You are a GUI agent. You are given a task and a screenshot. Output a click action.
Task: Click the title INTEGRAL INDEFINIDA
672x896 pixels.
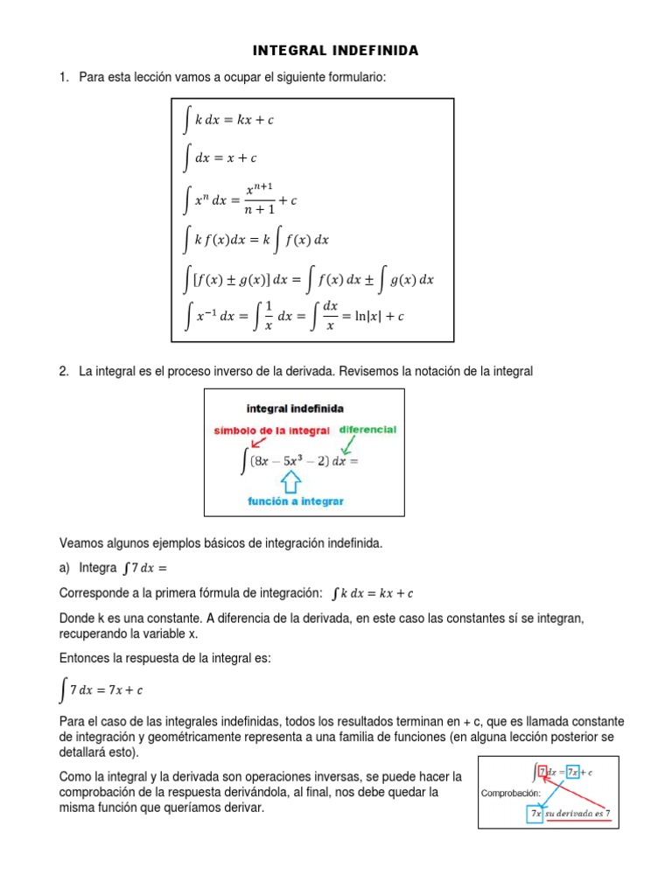336,51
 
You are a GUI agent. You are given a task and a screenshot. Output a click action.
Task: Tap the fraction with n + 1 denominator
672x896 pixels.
261,199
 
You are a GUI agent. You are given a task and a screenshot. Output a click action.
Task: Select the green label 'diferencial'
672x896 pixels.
367,430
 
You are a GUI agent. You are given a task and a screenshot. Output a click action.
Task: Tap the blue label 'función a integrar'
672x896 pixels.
296,501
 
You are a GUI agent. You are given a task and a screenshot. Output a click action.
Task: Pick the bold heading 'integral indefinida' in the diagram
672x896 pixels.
295,408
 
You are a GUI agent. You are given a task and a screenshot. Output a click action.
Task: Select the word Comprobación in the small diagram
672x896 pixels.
512,794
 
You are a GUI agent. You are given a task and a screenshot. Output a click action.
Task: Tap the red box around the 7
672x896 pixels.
542,772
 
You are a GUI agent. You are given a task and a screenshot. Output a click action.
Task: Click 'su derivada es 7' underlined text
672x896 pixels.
577,814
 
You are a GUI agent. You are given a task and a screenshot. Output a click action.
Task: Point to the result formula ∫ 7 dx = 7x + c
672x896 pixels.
101,690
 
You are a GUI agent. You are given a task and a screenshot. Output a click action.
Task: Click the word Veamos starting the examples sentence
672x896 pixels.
82,543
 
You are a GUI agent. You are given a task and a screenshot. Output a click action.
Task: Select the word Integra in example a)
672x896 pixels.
97,569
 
